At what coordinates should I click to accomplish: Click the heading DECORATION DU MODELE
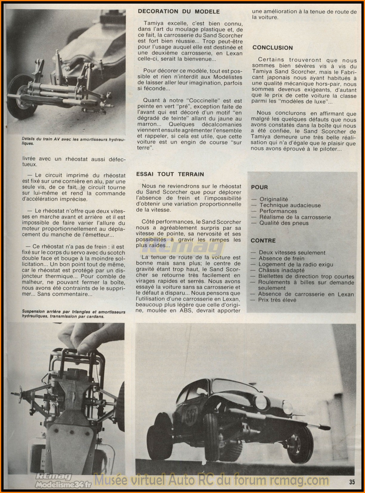(x=179, y=12)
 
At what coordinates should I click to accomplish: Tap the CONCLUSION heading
(x=273, y=48)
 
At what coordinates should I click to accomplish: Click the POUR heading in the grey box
(x=259, y=187)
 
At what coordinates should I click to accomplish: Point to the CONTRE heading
(x=263, y=241)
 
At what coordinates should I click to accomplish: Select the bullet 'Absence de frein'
(x=282, y=258)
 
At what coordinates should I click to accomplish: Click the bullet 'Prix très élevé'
(x=277, y=300)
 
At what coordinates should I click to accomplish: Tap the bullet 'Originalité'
(x=274, y=199)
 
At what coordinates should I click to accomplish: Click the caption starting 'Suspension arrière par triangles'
(x=74, y=314)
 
